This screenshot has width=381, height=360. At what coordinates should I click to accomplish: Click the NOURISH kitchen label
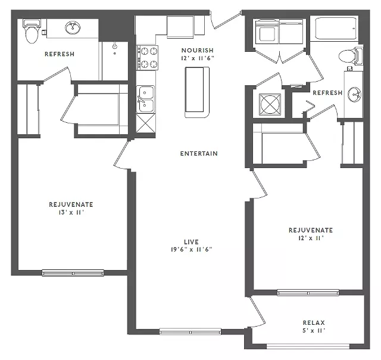coord(197,50)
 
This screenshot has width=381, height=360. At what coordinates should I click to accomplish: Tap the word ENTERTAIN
coord(199,154)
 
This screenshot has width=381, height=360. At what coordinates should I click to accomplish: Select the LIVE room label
coord(191,242)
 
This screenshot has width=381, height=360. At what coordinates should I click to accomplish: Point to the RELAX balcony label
coord(314,323)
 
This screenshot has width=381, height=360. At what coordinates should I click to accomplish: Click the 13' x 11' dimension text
coord(71,212)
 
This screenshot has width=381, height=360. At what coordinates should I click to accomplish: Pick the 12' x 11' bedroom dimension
coord(311,238)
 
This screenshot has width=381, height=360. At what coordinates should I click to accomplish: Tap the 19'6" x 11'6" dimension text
coord(192,250)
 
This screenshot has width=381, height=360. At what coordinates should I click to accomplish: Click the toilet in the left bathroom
coord(32,32)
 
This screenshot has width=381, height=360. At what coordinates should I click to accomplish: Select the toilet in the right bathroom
coord(350,56)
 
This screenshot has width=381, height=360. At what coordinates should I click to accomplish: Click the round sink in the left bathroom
coord(73,28)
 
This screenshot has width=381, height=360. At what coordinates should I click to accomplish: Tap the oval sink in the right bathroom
coord(354,94)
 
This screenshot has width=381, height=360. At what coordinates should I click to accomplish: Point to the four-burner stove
coord(147,58)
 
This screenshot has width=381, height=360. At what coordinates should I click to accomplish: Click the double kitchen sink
coord(145,99)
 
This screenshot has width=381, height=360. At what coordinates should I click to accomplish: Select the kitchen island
coord(197,92)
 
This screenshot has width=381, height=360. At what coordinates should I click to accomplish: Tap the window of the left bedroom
coord(73,273)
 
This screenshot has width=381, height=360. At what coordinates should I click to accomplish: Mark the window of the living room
coord(190,331)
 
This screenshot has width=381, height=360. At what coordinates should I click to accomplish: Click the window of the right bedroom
coord(308,293)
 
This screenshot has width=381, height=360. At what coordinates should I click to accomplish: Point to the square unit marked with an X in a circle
coord(270,104)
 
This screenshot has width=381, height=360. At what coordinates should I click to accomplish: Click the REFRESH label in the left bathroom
coord(60,54)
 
